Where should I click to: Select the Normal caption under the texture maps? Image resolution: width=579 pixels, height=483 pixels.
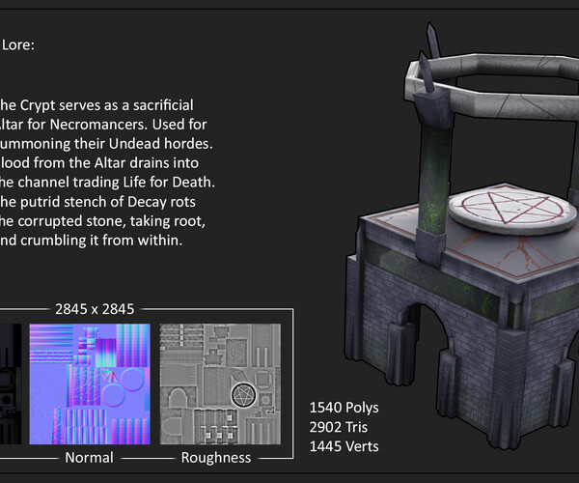click(x=88, y=457)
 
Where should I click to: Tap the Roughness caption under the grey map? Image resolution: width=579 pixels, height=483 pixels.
click(x=216, y=457)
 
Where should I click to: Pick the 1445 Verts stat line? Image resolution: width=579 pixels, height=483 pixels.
click(x=345, y=445)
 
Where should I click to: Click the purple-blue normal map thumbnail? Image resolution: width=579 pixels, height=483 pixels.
click(x=89, y=383)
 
